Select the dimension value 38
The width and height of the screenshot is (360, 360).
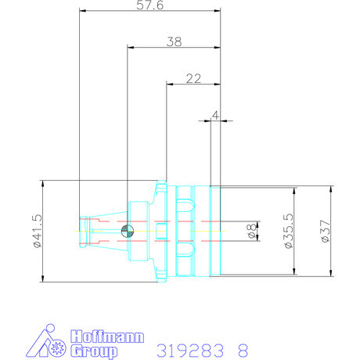click(x=174, y=42)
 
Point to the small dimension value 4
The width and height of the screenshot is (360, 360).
click(x=215, y=114)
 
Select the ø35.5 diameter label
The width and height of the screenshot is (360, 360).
click(x=287, y=232)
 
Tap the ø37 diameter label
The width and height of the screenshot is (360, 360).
click(x=324, y=232)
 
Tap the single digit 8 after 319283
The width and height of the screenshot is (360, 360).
click(x=243, y=347)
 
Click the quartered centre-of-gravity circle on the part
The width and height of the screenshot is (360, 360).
click(x=128, y=231)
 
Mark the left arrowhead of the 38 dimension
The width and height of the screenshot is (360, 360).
click(x=130, y=48)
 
